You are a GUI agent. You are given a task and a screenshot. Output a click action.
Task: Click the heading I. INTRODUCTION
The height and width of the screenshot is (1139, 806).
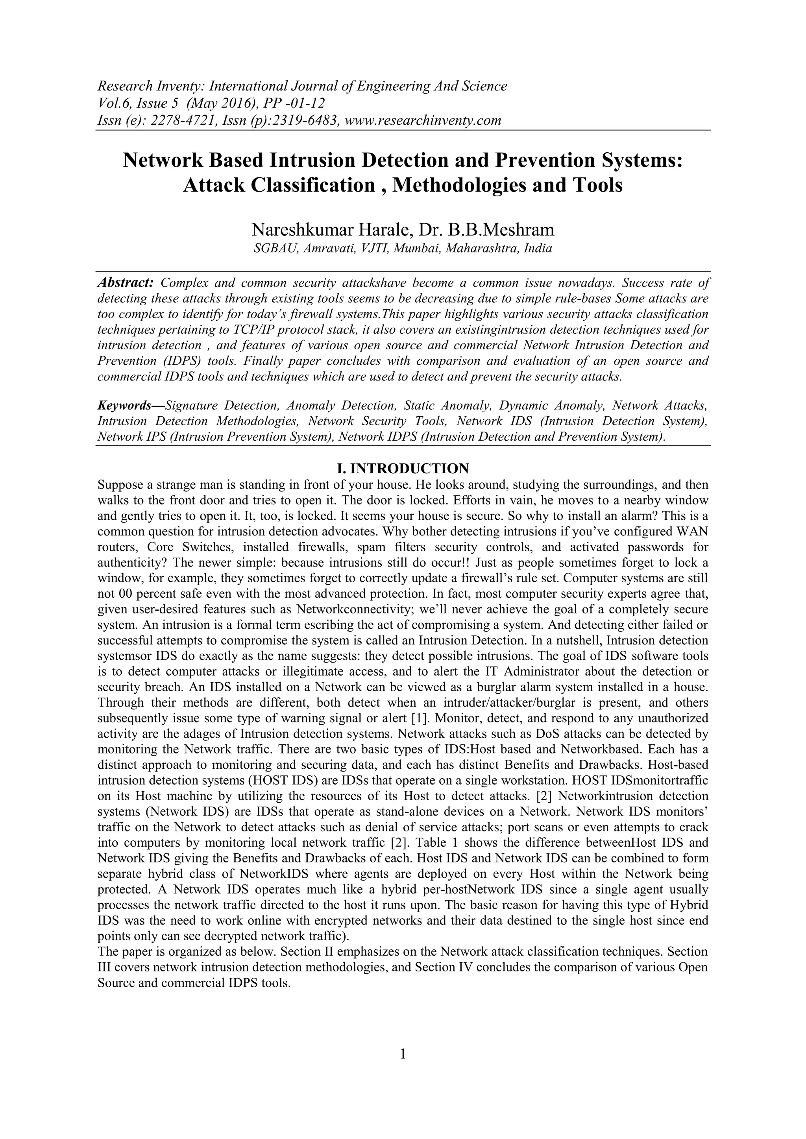(x=403, y=468)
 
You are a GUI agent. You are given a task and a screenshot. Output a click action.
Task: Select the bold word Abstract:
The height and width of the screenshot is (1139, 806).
(x=125, y=283)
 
